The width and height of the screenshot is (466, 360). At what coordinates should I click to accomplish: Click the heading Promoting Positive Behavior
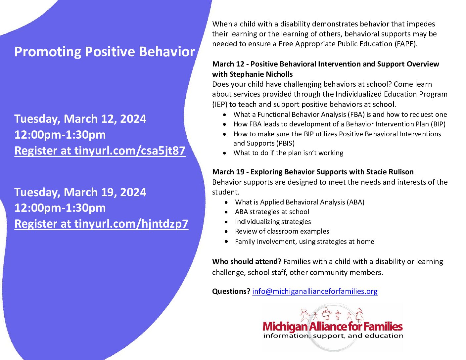pyautogui.click(x=105, y=52)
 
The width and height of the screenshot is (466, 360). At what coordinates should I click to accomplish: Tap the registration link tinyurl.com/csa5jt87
pyautogui.click(x=129, y=151)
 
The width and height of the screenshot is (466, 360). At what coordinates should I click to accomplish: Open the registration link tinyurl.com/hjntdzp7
pyautogui.click(x=131, y=224)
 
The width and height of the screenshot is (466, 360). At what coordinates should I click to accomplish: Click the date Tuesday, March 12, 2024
pyautogui.click(x=80, y=119)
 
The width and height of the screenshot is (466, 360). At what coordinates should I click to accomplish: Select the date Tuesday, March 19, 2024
pyautogui.click(x=80, y=192)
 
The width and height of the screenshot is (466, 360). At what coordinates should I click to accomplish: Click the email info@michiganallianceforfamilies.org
pyautogui.click(x=314, y=291)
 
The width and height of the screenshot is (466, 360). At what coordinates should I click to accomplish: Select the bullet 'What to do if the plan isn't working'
pyautogui.click(x=288, y=153)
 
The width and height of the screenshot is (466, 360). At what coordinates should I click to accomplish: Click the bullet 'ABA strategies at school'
pyautogui.click(x=272, y=212)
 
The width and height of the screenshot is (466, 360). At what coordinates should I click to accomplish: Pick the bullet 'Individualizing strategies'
pyautogui.click(x=273, y=222)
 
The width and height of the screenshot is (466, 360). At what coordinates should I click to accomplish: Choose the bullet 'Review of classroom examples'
pyautogui.click(x=282, y=231)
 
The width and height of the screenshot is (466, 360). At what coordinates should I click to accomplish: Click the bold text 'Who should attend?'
pyautogui.click(x=247, y=261)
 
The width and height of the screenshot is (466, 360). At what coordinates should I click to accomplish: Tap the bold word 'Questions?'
pyautogui.click(x=231, y=291)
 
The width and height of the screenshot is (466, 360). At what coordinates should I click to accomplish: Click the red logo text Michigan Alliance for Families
pyautogui.click(x=332, y=327)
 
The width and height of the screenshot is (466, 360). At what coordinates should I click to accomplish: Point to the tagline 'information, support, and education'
pyautogui.click(x=333, y=336)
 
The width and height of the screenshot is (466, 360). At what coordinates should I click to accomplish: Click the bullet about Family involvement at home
pyautogui.click(x=304, y=242)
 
